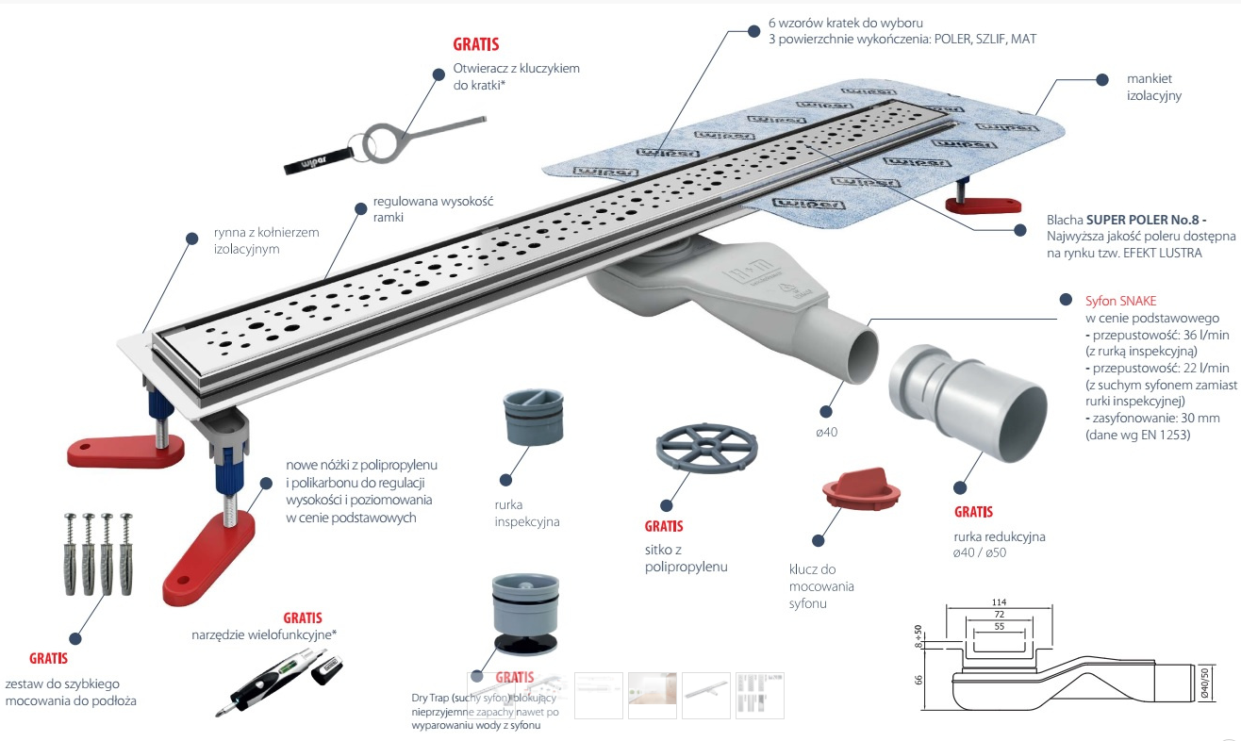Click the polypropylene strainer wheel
pos(709,455)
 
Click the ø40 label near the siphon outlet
pos(827,433)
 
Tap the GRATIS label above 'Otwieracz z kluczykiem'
pos(476,44)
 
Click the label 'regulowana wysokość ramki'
pos(433,209)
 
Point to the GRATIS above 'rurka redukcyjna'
pos(973,513)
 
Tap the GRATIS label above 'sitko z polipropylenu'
pos(664,526)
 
